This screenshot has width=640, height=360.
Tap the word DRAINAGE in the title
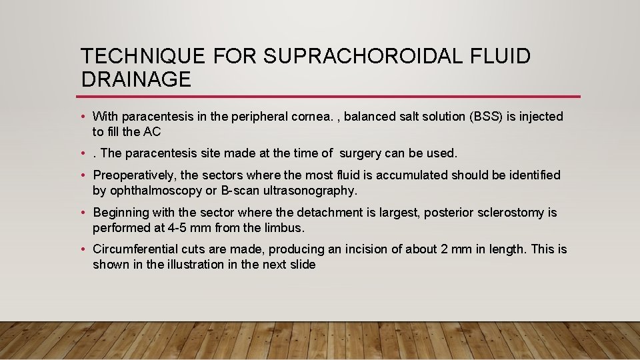pos(136,79)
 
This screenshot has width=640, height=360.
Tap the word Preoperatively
pos(135,175)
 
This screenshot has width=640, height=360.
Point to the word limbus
pos(285,228)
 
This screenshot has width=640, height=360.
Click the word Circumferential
pos(135,249)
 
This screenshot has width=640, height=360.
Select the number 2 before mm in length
pos(445,249)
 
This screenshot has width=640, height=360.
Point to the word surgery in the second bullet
pos(361,153)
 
